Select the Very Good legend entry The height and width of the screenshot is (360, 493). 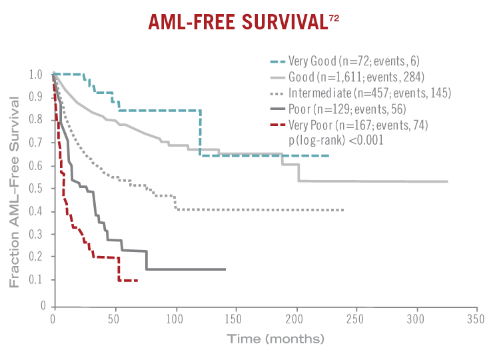tap(354, 61)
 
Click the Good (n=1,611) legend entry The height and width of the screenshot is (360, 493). tap(356, 77)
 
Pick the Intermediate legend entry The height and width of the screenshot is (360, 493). tap(370, 92)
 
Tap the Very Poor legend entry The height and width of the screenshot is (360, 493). tap(358, 124)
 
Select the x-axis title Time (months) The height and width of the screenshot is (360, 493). tap(276, 338)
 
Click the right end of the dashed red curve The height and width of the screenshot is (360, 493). tap(137, 280)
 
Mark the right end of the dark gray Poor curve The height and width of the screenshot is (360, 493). tap(225, 269)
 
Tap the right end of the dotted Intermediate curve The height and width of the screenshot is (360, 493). tap(343, 210)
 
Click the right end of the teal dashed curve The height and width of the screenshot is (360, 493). tap(328, 155)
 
